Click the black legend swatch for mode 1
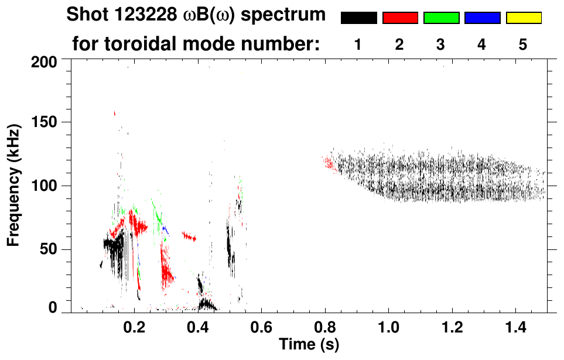[358, 18]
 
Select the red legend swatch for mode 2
[400, 18]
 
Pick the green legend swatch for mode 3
[441, 18]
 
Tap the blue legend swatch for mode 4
[482, 18]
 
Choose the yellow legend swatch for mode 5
[524, 18]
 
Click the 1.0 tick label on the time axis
[389, 325]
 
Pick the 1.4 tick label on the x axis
[516, 325]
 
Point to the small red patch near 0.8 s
[329, 162]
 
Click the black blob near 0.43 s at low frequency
[206, 304]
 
